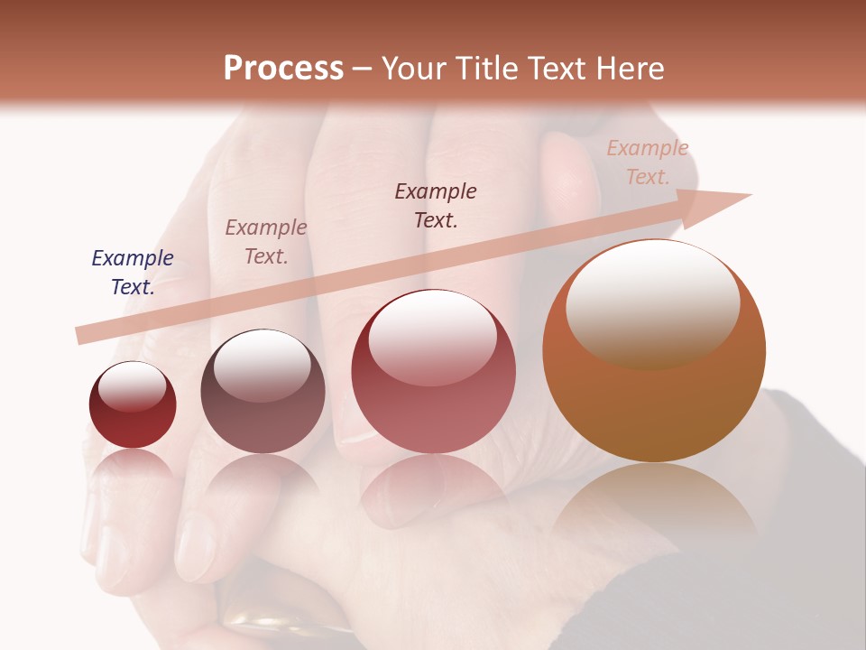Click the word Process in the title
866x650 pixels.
283,69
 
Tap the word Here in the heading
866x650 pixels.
628,69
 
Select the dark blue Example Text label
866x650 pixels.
133,273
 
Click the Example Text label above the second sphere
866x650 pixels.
266,242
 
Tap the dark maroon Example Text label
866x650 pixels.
436,206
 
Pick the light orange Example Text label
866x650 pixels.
647,162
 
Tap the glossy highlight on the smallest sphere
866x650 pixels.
133,386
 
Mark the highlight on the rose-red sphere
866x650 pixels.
433,336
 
